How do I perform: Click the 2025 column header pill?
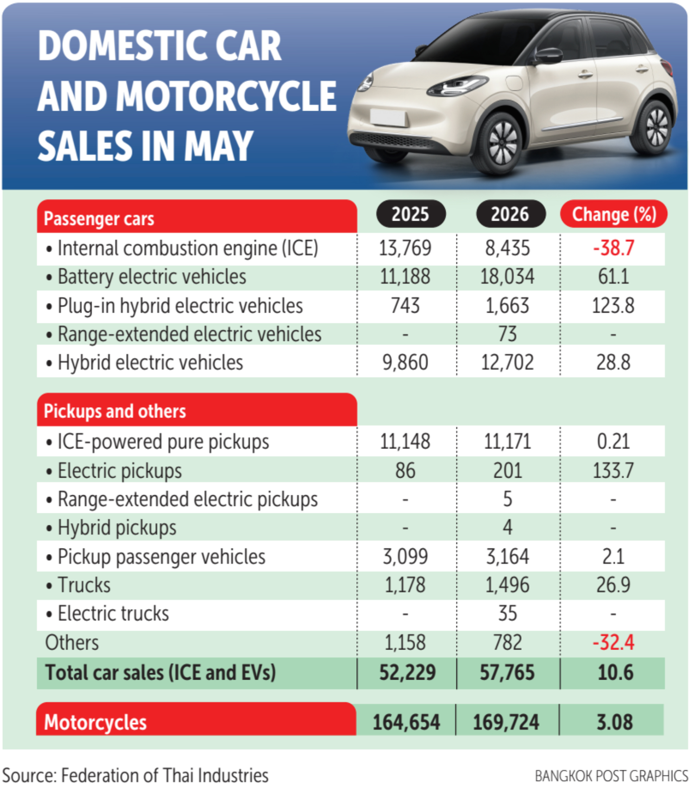pos(411,214)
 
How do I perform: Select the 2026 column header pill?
pos(510,214)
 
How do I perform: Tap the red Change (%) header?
pos(613,214)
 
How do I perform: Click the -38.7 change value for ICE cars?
pos(613,248)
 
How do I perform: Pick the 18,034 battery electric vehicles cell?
pos(507,277)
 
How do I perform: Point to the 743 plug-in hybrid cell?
pos(405,306)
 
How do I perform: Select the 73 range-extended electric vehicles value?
pos(507,334)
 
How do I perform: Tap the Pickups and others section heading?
pos(114,411)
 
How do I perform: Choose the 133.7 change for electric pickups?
pos(613,471)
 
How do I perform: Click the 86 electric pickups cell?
pos(405,471)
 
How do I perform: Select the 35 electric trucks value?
pos(508,613)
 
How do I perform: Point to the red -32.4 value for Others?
pos(613,643)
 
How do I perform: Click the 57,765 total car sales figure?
pos(507,673)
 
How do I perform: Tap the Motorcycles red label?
pos(95,722)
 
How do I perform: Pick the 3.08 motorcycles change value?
pos(614,722)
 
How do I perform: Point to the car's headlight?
pos(456,86)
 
